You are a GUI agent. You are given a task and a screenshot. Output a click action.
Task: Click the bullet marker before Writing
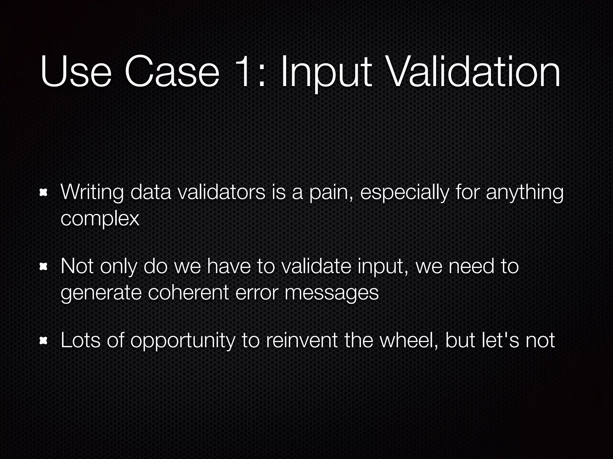(x=44, y=192)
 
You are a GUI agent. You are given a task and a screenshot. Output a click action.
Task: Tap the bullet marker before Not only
(x=44, y=266)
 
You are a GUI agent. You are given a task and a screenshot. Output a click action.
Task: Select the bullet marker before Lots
(x=44, y=340)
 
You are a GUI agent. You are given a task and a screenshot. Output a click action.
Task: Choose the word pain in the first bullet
(x=331, y=193)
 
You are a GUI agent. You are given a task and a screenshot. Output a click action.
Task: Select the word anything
(x=524, y=193)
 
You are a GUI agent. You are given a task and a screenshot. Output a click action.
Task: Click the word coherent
(x=188, y=293)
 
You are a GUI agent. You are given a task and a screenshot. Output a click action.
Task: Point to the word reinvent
(x=301, y=340)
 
